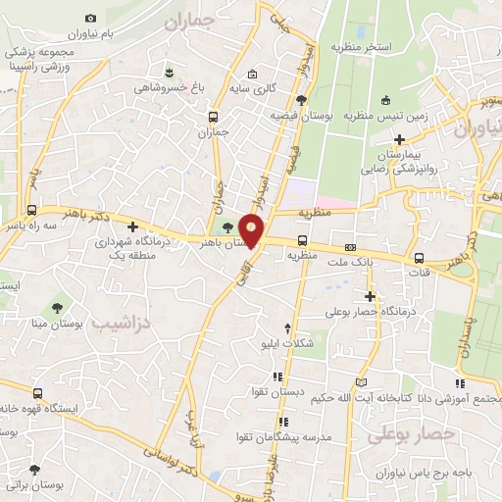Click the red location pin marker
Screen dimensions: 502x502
tap(252, 230)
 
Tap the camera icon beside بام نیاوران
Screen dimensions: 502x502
tap(91, 18)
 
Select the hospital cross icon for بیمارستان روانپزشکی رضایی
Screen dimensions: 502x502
tap(399, 138)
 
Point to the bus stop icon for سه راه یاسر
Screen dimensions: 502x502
tap(32, 210)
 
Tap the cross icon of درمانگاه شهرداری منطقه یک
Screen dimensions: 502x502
tap(131, 226)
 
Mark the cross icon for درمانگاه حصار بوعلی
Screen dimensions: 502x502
tap(370, 295)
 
